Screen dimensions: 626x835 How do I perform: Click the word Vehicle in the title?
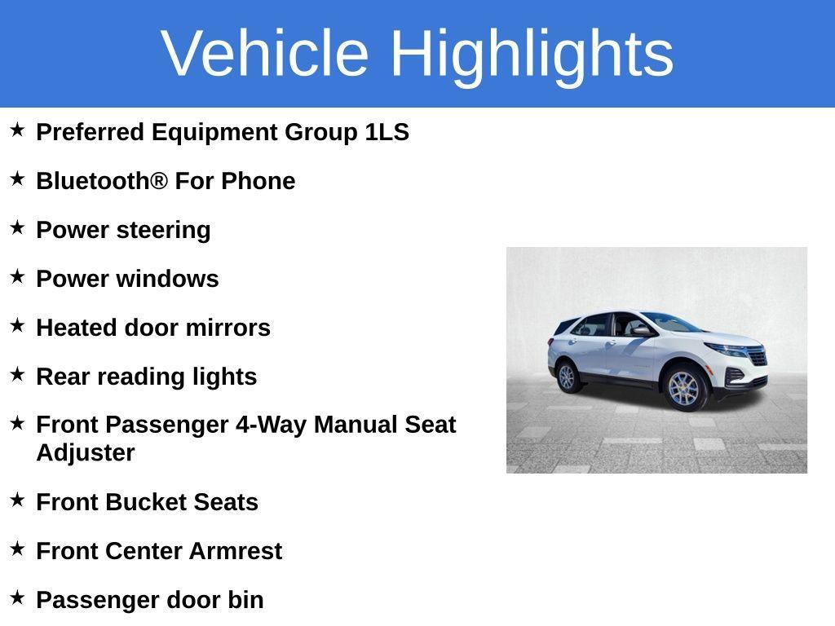click(265, 53)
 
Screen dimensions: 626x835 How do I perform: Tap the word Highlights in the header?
click(532, 53)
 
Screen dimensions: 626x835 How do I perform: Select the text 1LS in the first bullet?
click(387, 132)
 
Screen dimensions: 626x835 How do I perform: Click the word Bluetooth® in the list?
click(102, 181)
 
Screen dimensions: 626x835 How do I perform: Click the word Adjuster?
click(86, 453)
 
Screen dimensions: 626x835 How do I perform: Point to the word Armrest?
click(235, 551)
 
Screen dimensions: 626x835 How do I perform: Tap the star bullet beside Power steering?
click(17, 228)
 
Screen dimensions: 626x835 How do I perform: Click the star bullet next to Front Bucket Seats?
click(17, 500)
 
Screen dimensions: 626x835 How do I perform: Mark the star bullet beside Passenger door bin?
click(17, 598)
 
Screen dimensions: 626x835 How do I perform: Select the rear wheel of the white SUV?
click(567, 377)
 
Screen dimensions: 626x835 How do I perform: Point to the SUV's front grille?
click(757, 356)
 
